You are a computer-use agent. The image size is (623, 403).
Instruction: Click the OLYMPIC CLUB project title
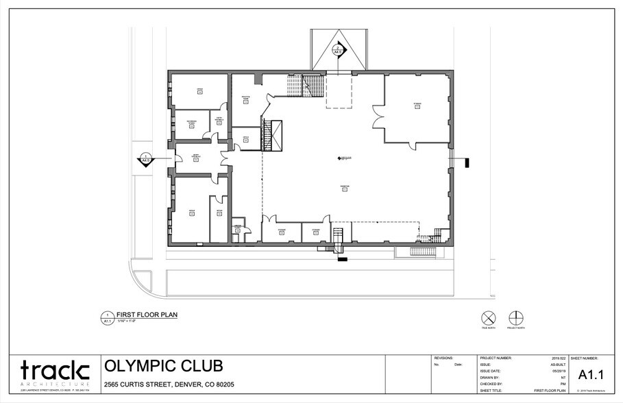coord(162,366)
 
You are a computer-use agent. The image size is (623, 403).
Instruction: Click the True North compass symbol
coord(488,317)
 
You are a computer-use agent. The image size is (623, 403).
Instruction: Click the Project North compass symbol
coord(515,317)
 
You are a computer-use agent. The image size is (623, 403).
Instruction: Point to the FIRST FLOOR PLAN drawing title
coord(148,315)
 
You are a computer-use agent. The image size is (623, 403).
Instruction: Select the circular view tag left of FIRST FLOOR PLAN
coord(108,317)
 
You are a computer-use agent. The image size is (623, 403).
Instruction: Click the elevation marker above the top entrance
coord(337,50)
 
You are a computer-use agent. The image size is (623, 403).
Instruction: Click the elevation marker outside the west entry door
coord(145,160)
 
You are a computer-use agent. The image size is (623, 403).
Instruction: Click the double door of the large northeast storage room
coord(378,117)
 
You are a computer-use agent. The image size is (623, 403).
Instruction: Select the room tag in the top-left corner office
coord(200,90)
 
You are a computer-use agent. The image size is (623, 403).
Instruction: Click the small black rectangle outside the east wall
coord(465,163)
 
